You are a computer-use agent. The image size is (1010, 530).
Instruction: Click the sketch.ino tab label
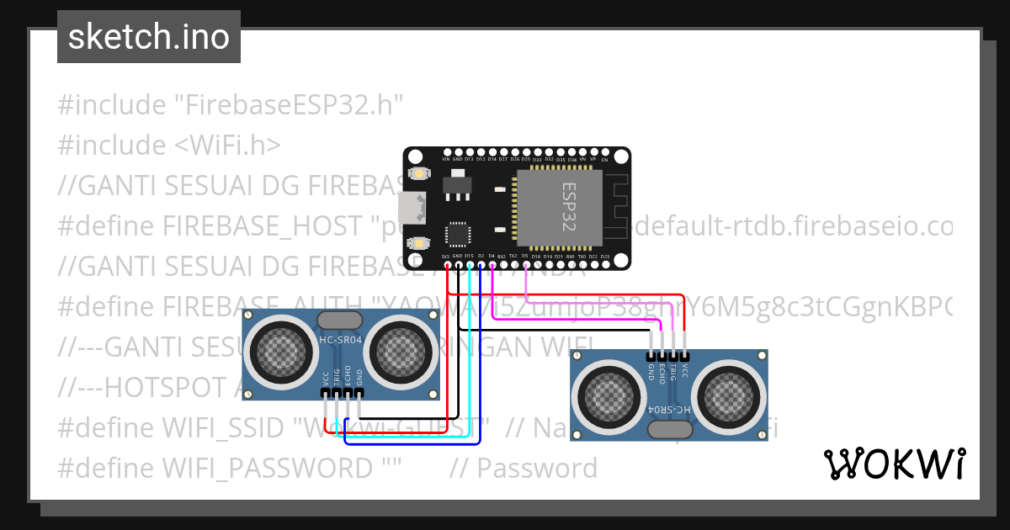pos(149,37)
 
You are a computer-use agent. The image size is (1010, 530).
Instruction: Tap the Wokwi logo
pos(894,464)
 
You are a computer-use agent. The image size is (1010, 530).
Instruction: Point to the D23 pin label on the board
pos(604,256)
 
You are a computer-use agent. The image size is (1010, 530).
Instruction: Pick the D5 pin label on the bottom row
pos(525,256)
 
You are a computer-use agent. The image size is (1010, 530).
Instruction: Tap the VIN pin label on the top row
pos(446,159)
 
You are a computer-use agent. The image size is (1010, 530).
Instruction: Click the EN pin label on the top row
pos(604,159)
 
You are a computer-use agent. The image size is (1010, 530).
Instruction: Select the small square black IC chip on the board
pos(457,235)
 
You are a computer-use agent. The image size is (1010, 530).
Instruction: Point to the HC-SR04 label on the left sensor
pos(340,341)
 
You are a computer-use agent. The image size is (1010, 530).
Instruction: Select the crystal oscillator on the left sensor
pos(340,320)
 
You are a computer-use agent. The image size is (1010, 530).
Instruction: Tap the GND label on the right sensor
pos(651,372)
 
